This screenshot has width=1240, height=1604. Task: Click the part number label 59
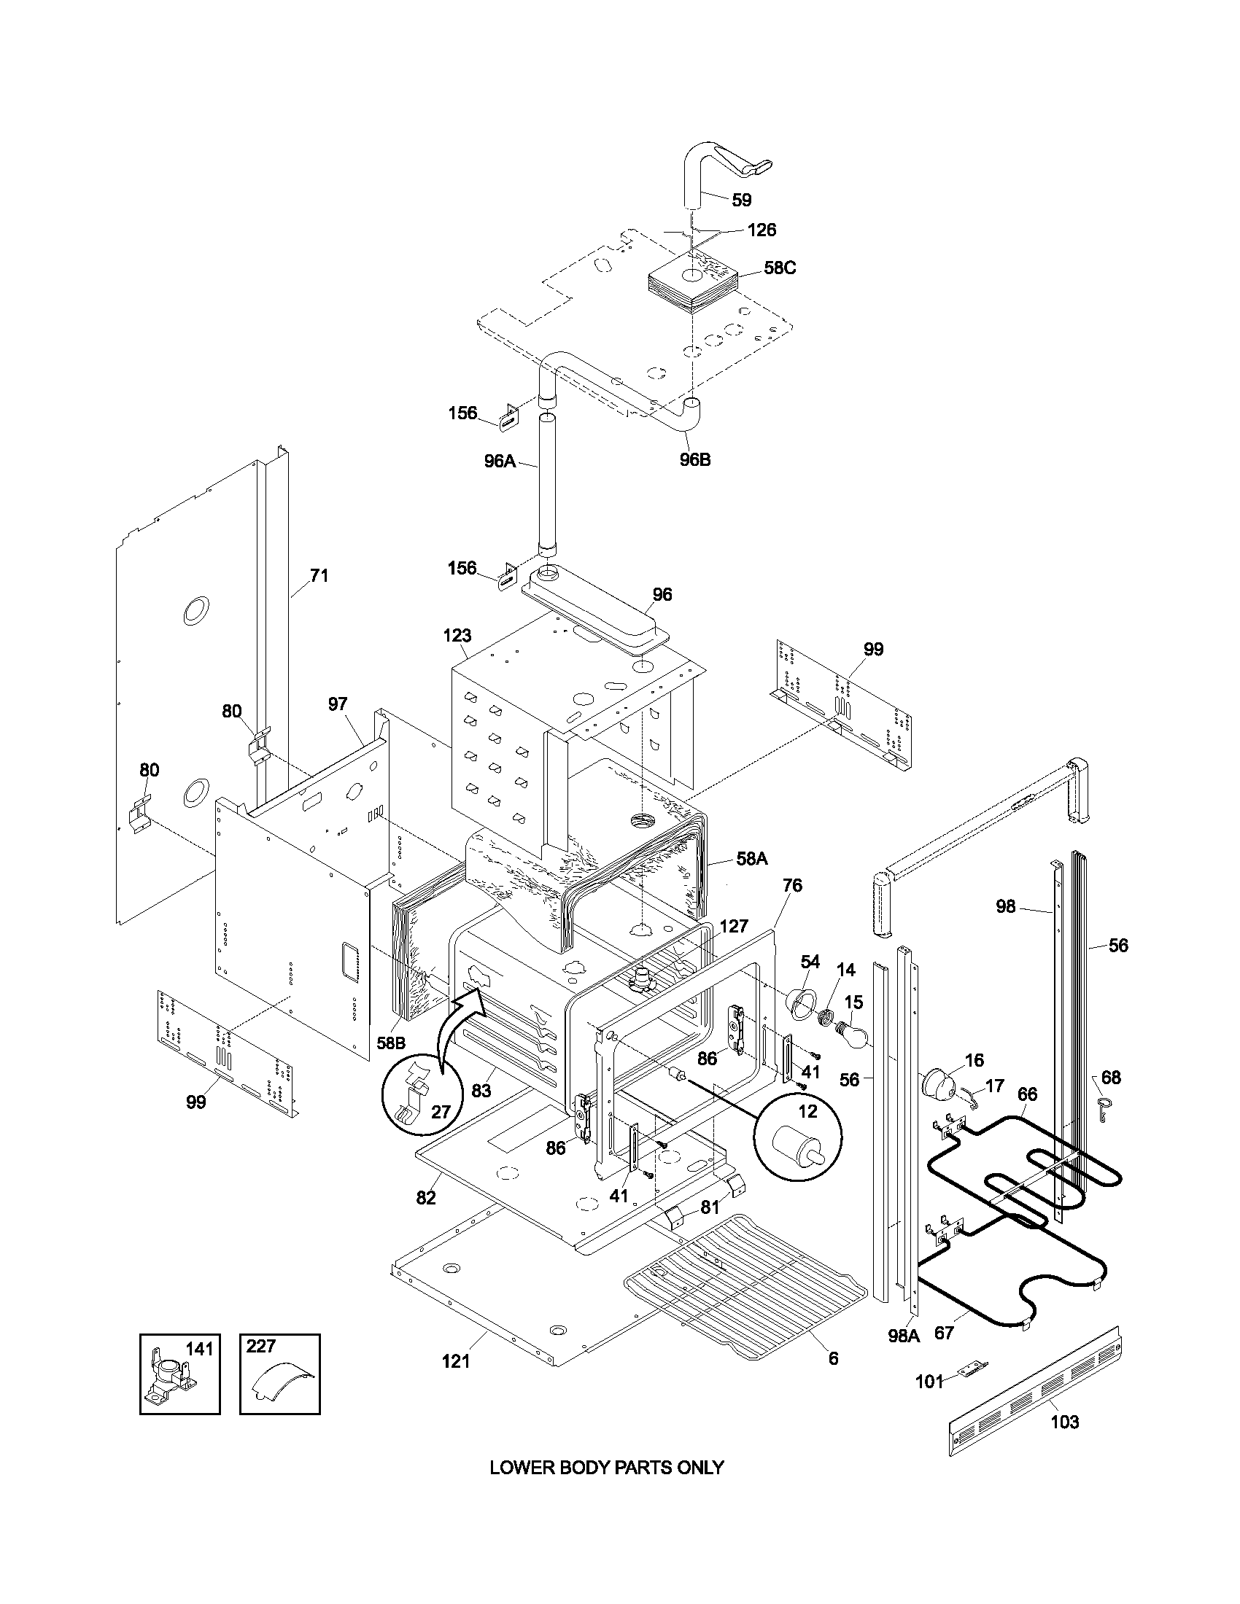pos(741,200)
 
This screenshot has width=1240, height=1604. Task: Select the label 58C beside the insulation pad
pos(780,268)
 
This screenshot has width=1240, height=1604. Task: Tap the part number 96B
pos(695,461)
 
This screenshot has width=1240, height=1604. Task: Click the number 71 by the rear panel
pos(318,575)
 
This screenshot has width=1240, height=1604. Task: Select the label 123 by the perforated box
pos(457,635)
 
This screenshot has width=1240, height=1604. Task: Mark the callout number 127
pos(733,926)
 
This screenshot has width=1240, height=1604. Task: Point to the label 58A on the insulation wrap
pos(751,859)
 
